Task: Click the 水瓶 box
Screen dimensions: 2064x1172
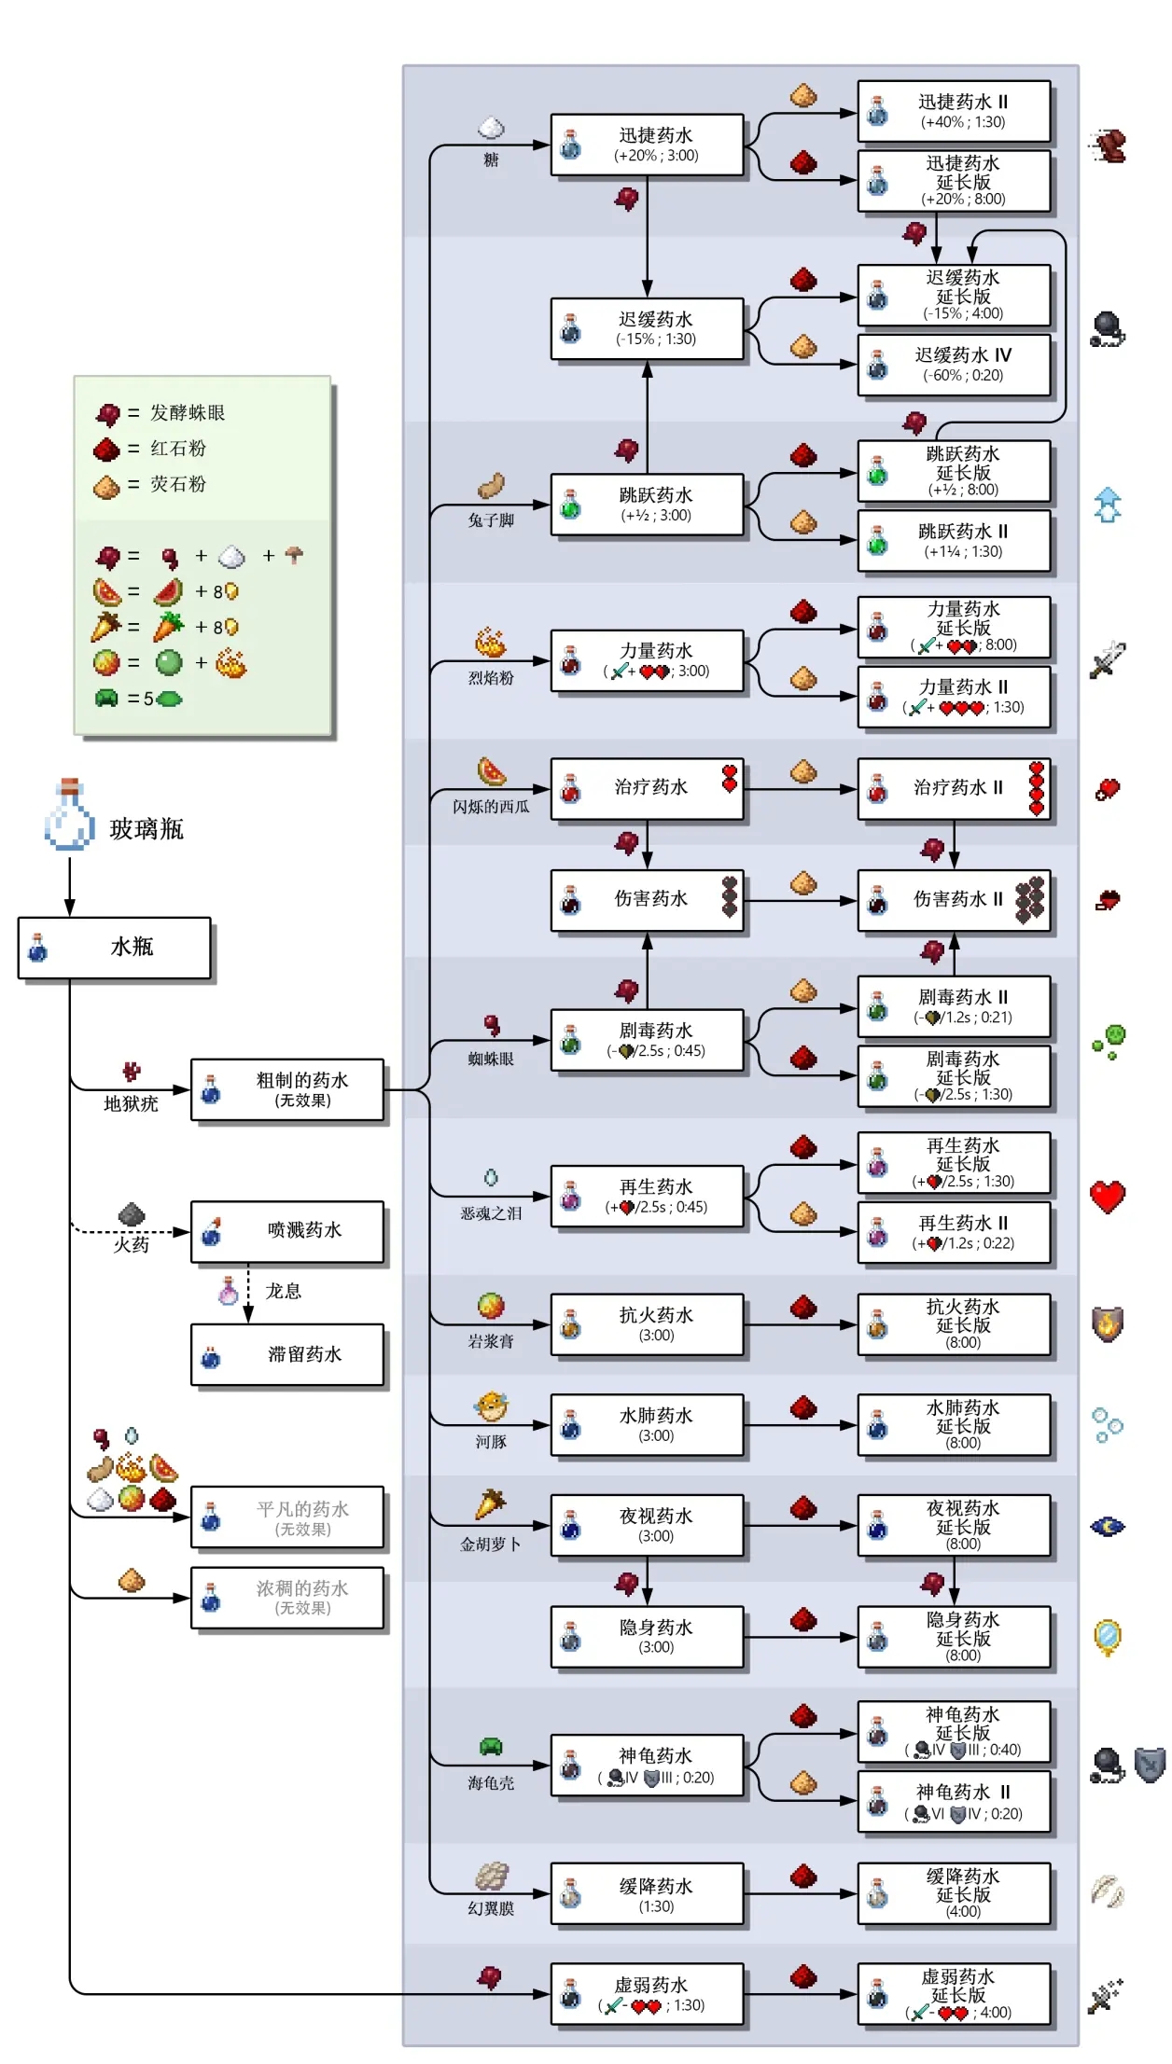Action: pyautogui.click(x=115, y=947)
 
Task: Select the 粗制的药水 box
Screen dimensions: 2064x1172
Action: pyautogui.click(x=287, y=1088)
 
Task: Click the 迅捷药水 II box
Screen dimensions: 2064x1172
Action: pyautogui.click(x=954, y=111)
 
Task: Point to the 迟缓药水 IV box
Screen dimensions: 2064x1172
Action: pyautogui.click(x=954, y=365)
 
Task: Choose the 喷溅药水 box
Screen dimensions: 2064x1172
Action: pyautogui.click(x=287, y=1231)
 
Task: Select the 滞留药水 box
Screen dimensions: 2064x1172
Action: pyautogui.click(x=287, y=1354)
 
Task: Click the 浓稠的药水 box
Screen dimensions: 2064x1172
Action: pyautogui.click(x=287, y=1597)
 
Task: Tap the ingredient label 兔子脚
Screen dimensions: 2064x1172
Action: pyautogui.click(x=491, y=520)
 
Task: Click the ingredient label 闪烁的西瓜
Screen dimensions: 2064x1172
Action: pyautogui.click(x=491, y=807)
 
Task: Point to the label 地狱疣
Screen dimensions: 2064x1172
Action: pyautogui.click(x=131, y=1104)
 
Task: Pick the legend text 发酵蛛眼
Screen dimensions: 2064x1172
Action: pyautogui.click(x=188, y=412)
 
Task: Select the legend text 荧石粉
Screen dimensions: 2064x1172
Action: pyautogui.click(x=178, y=484)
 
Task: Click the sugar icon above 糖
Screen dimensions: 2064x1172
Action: pyautogui.click(x=491, y=128)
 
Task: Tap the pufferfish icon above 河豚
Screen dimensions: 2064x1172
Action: pyautogui.click(x=491, y=1406)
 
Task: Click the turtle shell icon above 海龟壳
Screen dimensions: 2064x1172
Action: pyautogui.click(x=491, y=1747)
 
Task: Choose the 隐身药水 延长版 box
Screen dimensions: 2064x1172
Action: pyautogui.click(x=954, y=1637)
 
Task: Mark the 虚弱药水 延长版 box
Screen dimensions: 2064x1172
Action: pyautogui.click(x=954, y=1994)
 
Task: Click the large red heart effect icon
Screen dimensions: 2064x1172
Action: pyautogui.click(x=1108, y=1196)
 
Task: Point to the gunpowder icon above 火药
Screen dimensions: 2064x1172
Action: pyautogui.click(x=132, y=1213)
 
